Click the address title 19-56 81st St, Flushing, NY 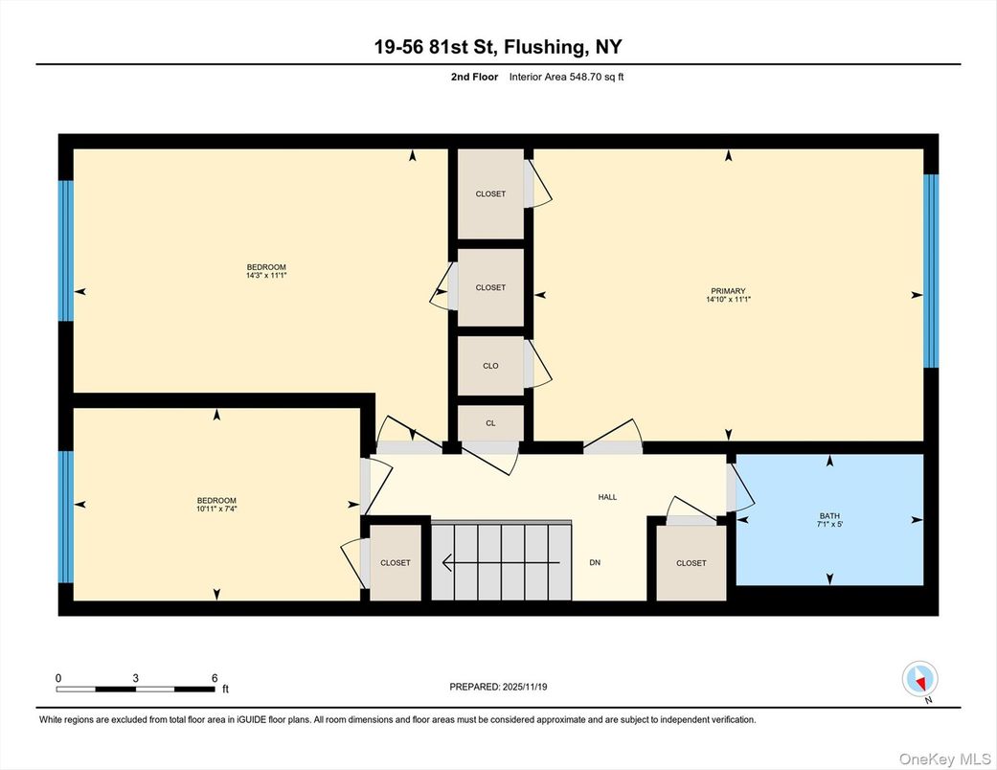pyautogui.click(x=498, y=47)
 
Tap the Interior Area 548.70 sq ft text pyautogui.click(x=573, y=78)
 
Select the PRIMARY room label pyautogui.click(x=728, y=291)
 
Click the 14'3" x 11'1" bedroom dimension pyautogui.click(x=266, y=276)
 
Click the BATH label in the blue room pyautogui.click(x=829, y=516)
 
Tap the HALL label pyautogui.click(x=607, y=497)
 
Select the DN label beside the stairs pyautogui.click(x=595, y=562)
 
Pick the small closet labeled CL pyautogui.click(x=490, y=422)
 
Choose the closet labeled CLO pyautogui.click(x=490, y=366)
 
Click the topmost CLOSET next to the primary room pyautogui.click(x=490, y=194)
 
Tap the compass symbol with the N pyautogui.click(x=919, y=680)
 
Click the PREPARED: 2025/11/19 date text pyautogui.click(x=498, y=687)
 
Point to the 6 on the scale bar pyautogui.click(x=215, y=678)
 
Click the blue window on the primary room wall pyautogui.click(x=929, y=271)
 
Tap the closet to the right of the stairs pyautogui.click(x=691, y=563)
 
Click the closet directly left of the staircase pyautogui.click(x=396, y=563)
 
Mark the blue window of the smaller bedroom pyautogui.click(x=65, y=517)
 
